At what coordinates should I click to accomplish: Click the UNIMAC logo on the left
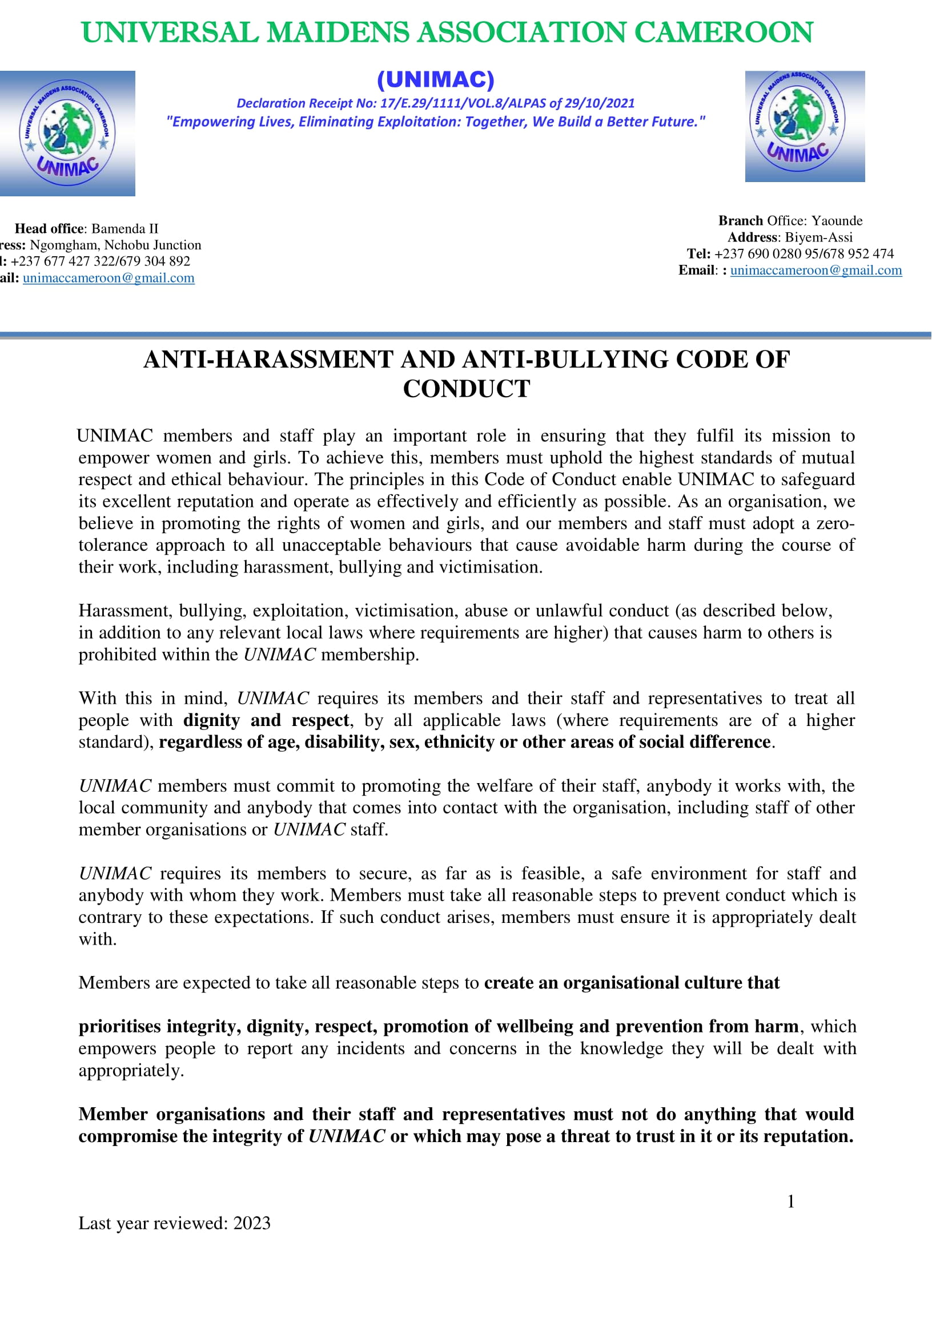[x=67, y=133]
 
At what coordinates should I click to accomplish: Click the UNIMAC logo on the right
[x=805, y=126]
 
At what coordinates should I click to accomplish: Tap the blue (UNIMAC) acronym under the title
[x=436, y=80]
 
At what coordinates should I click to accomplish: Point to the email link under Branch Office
[x=816, y=271]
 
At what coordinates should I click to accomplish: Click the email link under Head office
[x=108, y=278]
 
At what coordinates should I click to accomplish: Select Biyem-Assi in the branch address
[x=818, y=237]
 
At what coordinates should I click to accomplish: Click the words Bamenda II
[x=124, y=228]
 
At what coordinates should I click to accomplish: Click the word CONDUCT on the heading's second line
[x=467, y=389]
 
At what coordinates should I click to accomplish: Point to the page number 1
[x=790, y=1201]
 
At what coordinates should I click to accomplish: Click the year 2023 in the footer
[x=252, y=1223]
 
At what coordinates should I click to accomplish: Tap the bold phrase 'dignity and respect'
[x=266, y=720]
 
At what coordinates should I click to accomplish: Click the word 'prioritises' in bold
[x=120, y=1026]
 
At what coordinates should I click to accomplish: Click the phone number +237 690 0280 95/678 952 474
[x=804, y=254]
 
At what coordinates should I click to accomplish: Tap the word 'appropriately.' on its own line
[x=131, y=1070]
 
